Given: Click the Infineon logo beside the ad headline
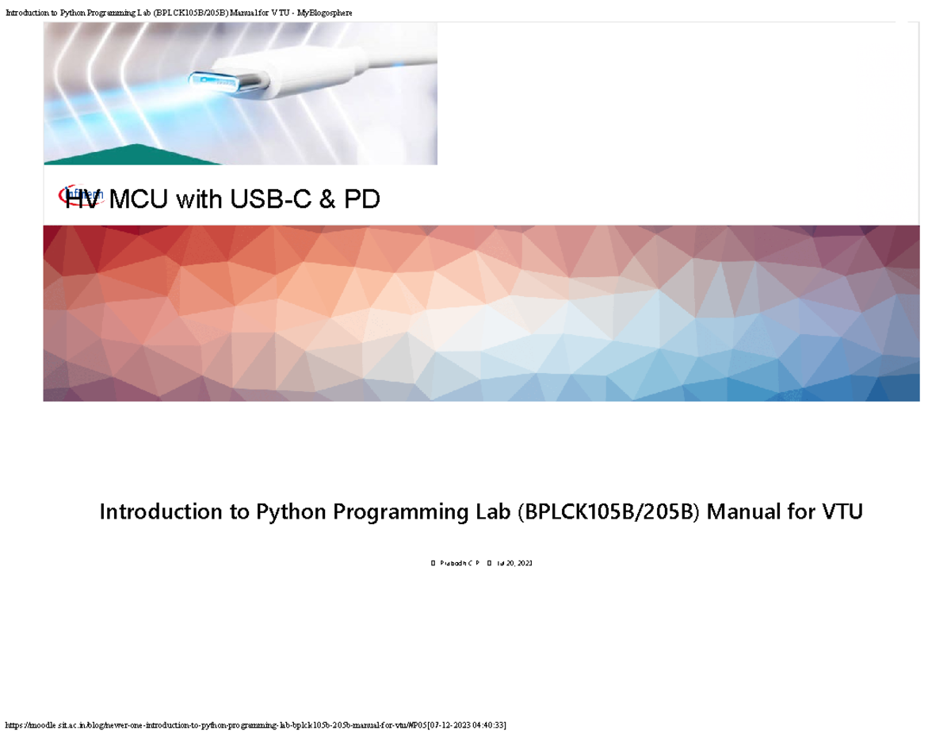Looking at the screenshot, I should [x=82, y=194].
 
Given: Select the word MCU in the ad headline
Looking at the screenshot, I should [x=139, y=200].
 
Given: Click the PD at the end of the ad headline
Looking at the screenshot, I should [x=361, y=200].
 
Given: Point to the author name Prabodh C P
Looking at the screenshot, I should [x=460, y=563].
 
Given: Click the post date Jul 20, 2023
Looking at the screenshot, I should [x=514, y=563].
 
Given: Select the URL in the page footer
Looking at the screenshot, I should [x=214, y=725].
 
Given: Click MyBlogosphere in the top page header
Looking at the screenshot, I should [x=317, y=12].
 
